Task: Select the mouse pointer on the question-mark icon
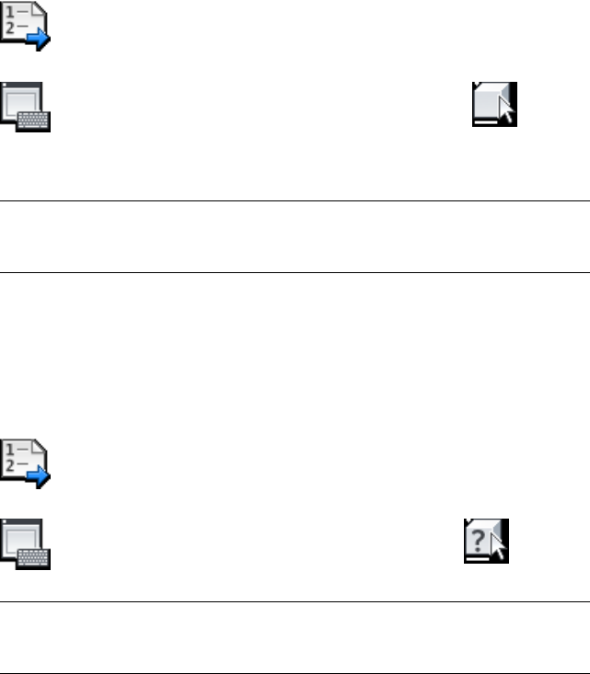coord(500,548)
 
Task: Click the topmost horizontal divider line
coord(295,200)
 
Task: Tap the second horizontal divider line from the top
coord(295,272)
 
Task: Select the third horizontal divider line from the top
coord(295,603)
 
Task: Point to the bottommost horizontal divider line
coord(295,671)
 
